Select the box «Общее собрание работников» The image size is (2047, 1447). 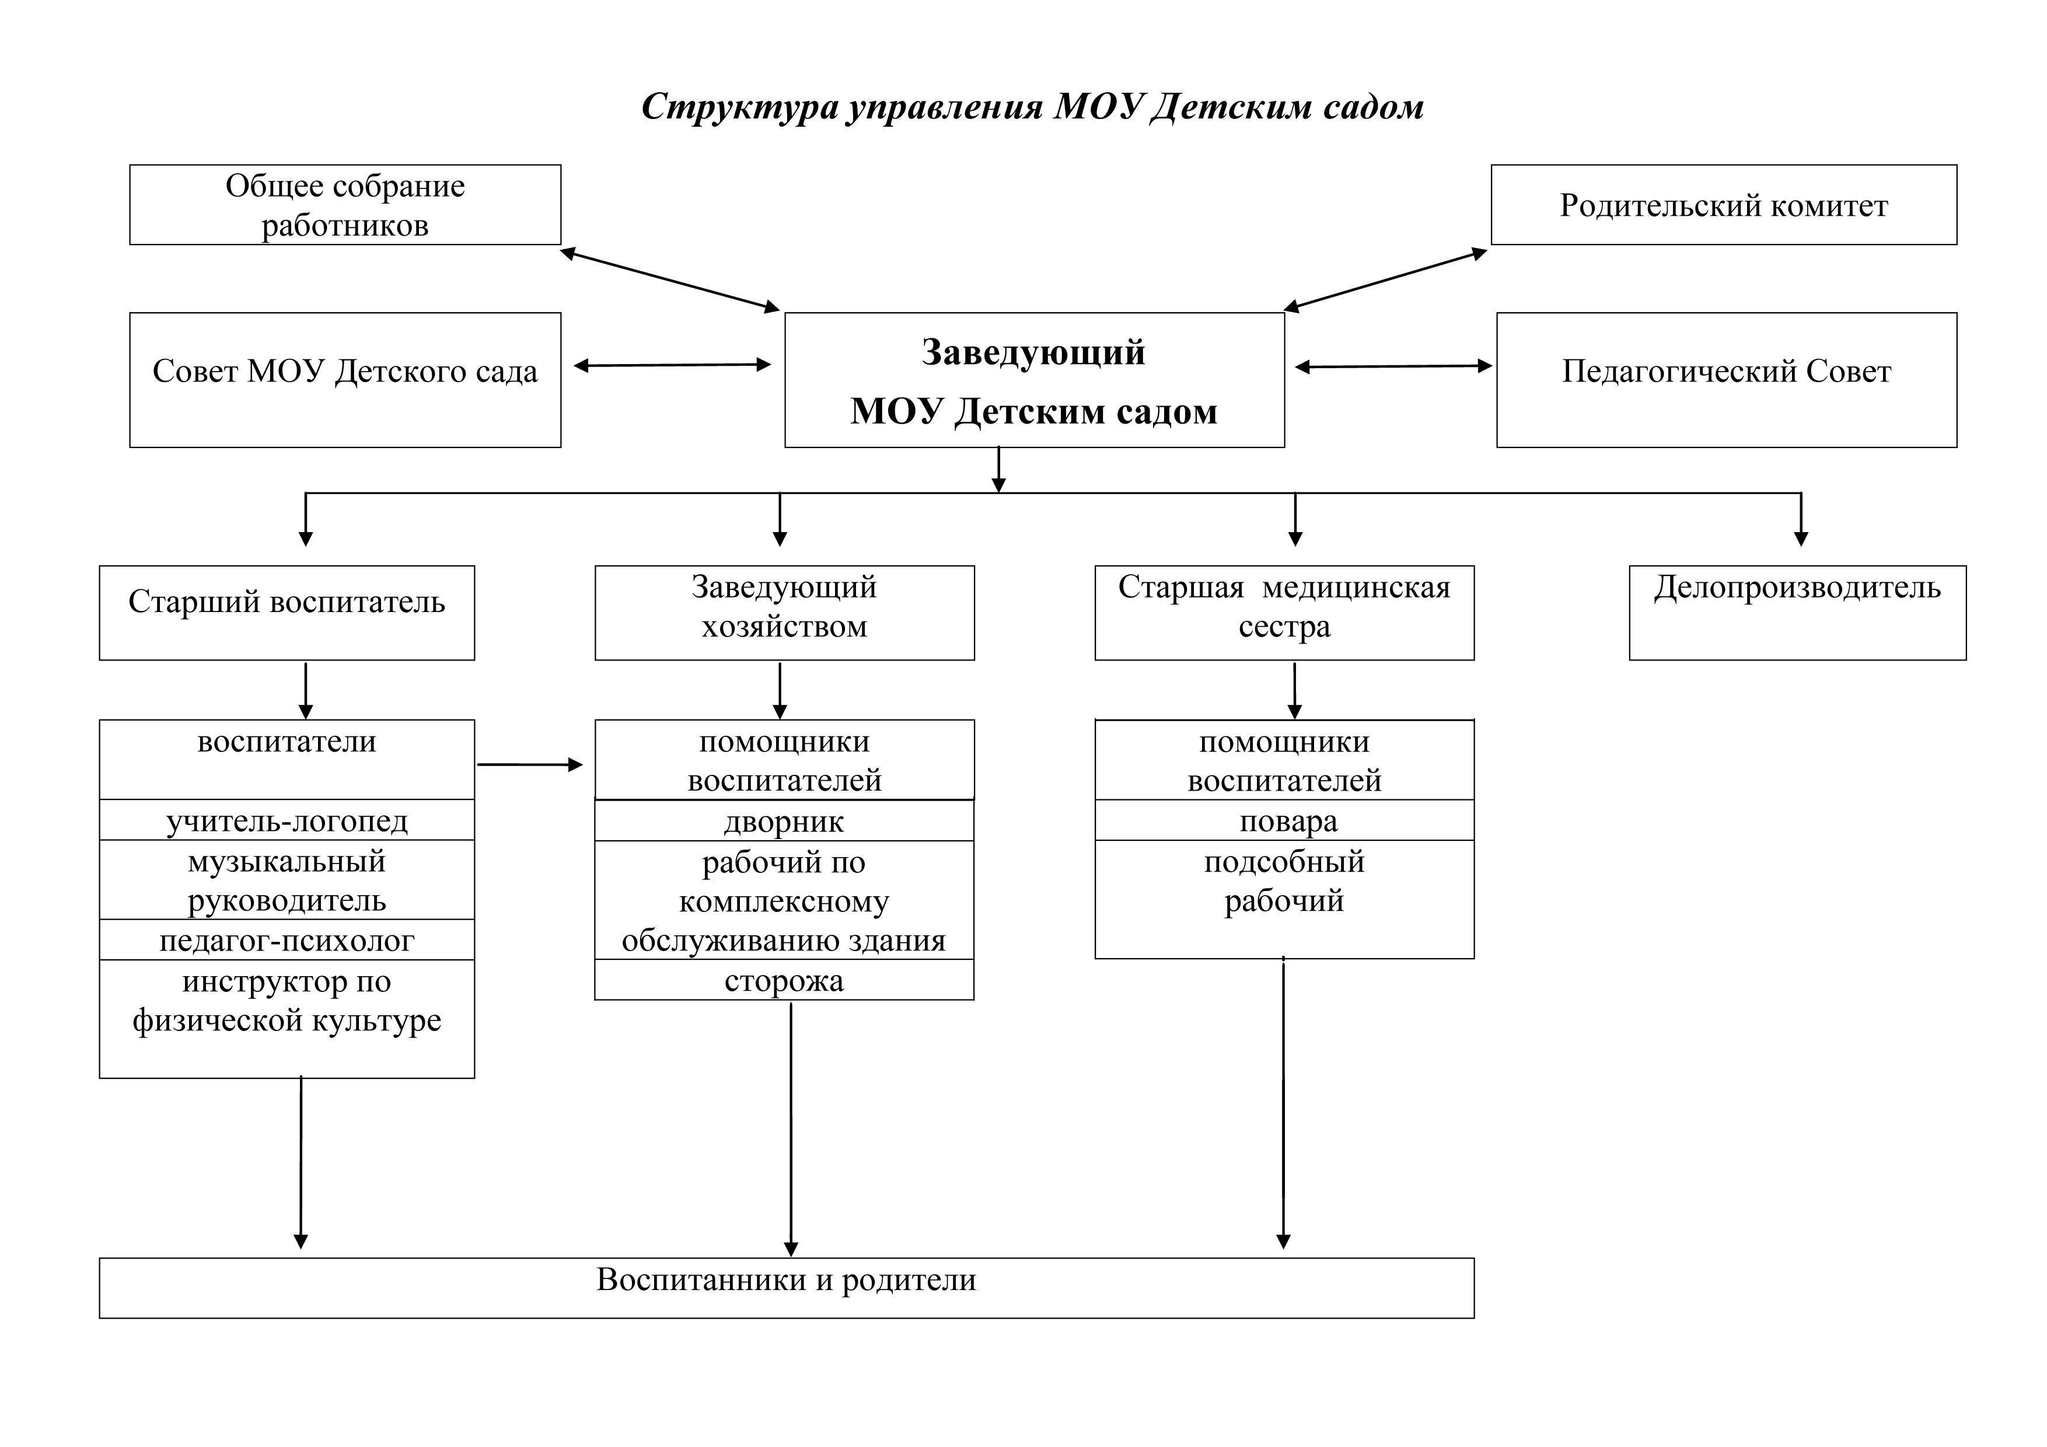click(x=345, y=204)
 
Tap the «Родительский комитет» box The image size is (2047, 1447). click(x=1723, y=204)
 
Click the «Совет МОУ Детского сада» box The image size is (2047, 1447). click(x=345, y=380)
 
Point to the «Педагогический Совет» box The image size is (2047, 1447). click(x=1726, y=380)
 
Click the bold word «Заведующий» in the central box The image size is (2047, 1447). click(x=1033, y=352)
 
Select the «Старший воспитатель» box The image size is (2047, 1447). click(x=286, y=613)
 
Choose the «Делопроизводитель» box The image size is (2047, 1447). click(x=1797, y=613)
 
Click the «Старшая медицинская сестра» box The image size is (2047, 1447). click(x=1284, y=613)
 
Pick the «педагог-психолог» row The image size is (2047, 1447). click(x=286, y=940)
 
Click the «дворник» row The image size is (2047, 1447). click(x=784, y=821)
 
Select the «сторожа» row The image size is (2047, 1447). click(x=784, y=980)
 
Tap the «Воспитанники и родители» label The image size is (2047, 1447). click(x=787, y=1280)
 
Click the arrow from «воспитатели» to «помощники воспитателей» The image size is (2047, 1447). click(x=530, y=764)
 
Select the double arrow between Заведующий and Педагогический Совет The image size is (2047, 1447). click(x=1393, y=365)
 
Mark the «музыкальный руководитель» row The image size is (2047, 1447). click(x=286, y=880)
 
